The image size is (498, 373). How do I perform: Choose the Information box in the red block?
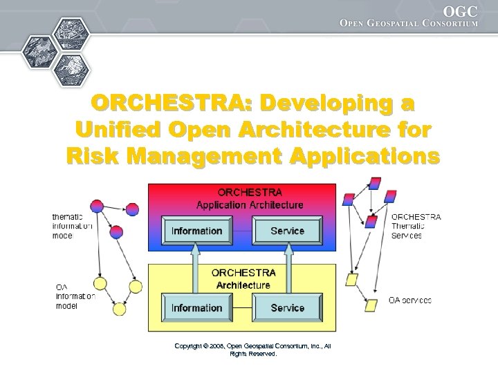pyautogui.click(x=196, y=231)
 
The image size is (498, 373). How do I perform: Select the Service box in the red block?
pyautogui.click(x=287, y=231)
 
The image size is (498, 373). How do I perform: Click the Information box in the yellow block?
pyautogui.click(x=196, y=307)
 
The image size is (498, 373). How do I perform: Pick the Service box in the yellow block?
pyautogui.click(x=287, y=307)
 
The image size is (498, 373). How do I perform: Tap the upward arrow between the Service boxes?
pyautogui.click(x=287, y=270)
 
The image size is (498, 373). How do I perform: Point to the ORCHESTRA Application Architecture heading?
pyautogui.click(x=250, y=198)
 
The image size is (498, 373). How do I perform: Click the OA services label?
pyautogui.click(x=409, y=300)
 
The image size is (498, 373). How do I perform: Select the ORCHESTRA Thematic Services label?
pyautogui.click(x=416, y=226)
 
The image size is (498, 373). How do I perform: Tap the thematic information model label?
pyautogui.click(x=71, y=226)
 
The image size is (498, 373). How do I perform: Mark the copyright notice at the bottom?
pyautogui.click(x=252, y=350)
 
